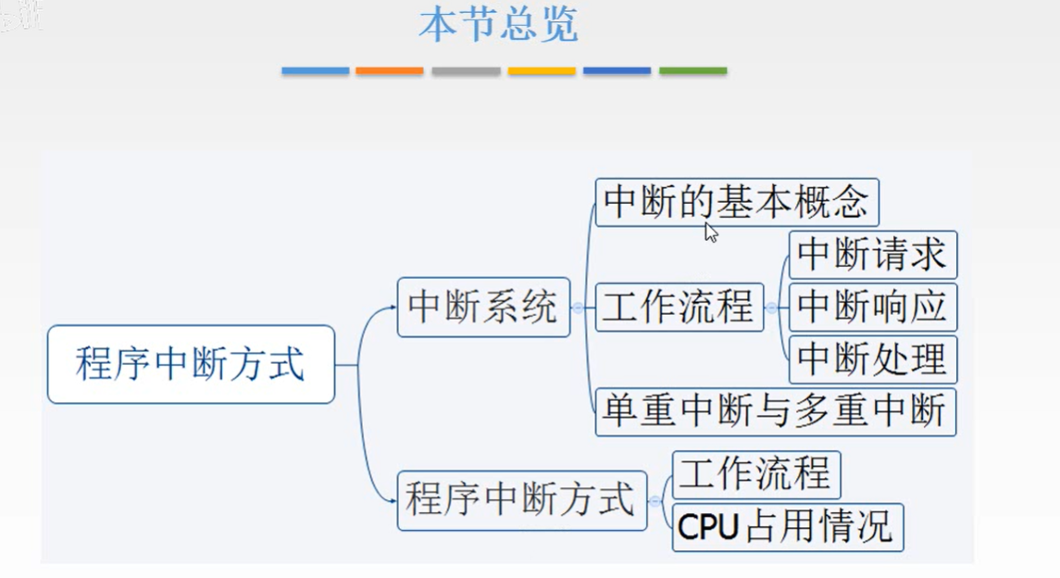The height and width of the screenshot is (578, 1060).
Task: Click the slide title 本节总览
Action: click(x=498, y=25)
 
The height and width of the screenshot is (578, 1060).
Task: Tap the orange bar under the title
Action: click(x=389, y=70)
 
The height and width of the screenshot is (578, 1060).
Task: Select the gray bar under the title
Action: click(x=466, y=70)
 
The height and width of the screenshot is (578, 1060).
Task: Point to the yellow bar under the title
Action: click(x=542, y=70)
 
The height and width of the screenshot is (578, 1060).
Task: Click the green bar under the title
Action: click(x=692, y=70)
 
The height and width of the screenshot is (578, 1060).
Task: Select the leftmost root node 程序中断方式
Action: click(x=191, y=364)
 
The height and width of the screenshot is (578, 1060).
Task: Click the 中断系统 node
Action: click(x=483, y=307)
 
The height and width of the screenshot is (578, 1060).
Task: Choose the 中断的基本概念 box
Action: click(x=736, y=202)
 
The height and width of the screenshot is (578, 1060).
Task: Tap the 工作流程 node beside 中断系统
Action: click(x=679, y=307)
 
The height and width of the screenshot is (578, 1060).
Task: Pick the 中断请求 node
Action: click(x=872, y=255)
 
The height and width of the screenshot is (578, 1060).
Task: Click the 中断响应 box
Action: click(x=872, y=307)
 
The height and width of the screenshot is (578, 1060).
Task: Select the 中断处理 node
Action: click(x=872, y=359)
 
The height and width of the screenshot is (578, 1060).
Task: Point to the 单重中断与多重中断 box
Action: click(x=775, y=411)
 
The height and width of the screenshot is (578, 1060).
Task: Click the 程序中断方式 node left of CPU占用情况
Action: click(x=521, y=500)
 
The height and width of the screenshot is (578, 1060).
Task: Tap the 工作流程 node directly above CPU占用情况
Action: click(x=755, y=474)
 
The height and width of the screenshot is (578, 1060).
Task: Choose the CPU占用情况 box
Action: click(x=787, y=527)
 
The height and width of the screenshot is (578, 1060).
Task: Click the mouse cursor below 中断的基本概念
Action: click(x=710, y=232)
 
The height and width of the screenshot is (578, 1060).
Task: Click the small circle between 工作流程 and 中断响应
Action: click(x=771, y=308)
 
